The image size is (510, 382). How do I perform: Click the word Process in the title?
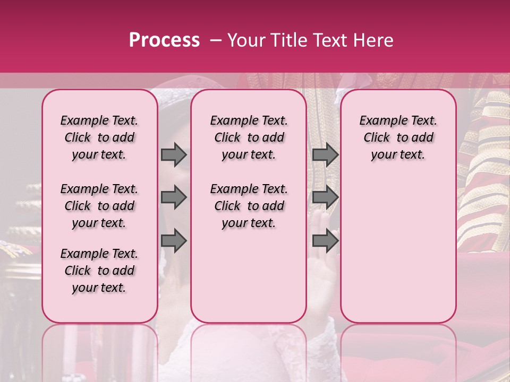pos(164,40)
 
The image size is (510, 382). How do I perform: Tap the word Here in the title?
pos(372,40)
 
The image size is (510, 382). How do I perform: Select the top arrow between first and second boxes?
pos(174,154)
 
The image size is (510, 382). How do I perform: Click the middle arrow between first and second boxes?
pos(174,197)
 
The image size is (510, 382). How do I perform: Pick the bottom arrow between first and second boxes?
pos(174,241)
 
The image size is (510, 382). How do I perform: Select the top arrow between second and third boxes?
pos(325,154)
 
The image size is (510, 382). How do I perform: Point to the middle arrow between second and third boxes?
pos(325,197)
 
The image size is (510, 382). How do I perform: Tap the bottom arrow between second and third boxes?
pos(325,241)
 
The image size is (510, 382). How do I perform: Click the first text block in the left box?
pos(99,137)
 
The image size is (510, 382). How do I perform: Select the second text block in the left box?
pos(99,206)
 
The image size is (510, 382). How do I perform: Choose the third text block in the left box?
pos(99,271)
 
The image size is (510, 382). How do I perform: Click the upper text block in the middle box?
pos(249,137)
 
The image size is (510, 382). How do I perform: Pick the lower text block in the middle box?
pos(249,206)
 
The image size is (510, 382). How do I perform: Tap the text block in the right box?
pos(398,137)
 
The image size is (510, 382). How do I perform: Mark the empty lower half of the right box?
pos(398,249)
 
